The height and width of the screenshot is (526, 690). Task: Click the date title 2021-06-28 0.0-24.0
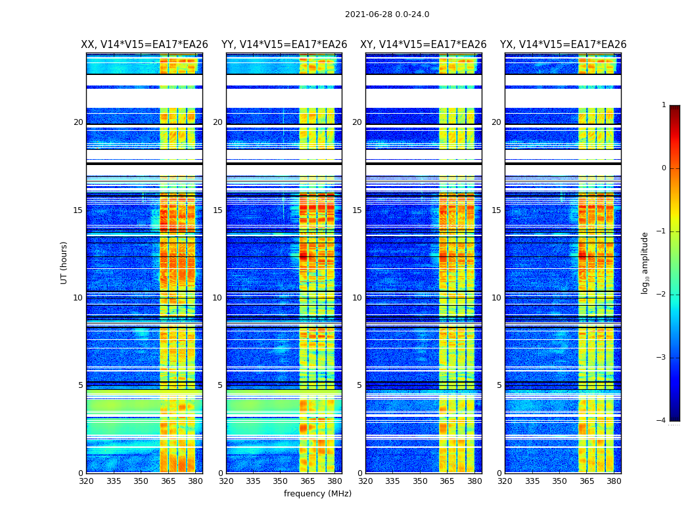(x=387, y=14)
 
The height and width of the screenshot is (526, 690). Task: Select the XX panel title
(x=145, y=45)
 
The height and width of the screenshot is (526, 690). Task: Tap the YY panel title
(x=284, y=45)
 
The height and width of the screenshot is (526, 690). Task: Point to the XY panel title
(x=423, y=45)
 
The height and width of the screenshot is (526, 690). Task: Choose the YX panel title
(x=563, y=45)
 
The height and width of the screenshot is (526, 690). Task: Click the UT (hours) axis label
(x=64, y=262)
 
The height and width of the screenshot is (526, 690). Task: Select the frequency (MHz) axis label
(x=317, y=494)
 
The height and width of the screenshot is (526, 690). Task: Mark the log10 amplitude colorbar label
(x=645, y=262)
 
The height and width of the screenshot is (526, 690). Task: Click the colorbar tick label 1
(x=664, y=105)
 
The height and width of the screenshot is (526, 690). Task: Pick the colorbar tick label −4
(x=662, y=421)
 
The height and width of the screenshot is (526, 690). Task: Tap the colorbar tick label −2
(x=662, y=295)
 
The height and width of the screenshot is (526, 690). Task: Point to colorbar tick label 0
(x=664, y=168)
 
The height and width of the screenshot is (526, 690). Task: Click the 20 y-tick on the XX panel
(x=78, y=122)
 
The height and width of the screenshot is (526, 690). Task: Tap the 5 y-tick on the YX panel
(x=499, y=385)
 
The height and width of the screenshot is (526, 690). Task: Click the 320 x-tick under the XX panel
(x=86, y=481)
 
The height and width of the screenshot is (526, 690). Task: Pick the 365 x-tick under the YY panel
(x=308, y=481)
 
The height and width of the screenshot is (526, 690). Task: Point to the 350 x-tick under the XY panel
(x=420, y=481)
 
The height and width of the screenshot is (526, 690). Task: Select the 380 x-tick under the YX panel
(x=614, y=481)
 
